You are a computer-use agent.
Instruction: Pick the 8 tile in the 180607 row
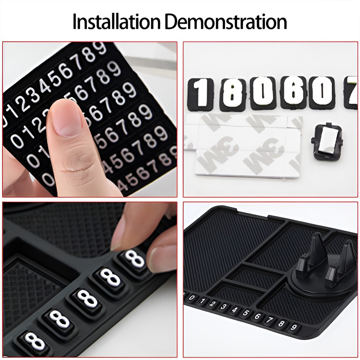pyautogui.click(x=233, y=95)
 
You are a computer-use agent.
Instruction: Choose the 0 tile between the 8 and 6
pyautogui.click(x=263, y=94)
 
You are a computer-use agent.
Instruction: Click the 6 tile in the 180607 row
pyautogui.click(x=293, y=93)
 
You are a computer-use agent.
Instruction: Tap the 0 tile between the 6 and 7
pyautogui.click(x=322, y=93)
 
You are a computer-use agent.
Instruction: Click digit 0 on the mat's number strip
pyautogui.click(x=192, y=298)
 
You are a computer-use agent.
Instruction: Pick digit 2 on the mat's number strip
pyautogui.click(x=213, y=304)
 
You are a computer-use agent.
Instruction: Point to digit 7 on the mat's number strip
pyautogui.click(x=270, y=320)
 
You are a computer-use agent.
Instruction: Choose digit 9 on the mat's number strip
pyautogui.click(x=294, y=327)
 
